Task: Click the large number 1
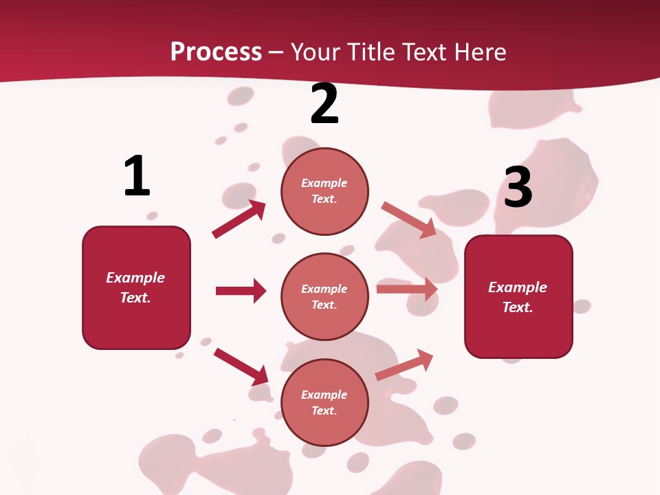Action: tap(137, 176)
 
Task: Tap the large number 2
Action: tap(324, 104)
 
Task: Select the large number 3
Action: tap(518, 187)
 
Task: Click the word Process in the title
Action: tap(216, 52)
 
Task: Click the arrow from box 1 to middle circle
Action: tap(241, 291)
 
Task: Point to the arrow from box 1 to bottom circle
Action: tap(241, 366)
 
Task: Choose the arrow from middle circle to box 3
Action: tap(407, 289)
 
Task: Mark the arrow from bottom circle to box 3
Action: tap(404, 365)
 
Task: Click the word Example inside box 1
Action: tap(135, 278)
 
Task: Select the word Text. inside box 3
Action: tap(518, 307)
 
